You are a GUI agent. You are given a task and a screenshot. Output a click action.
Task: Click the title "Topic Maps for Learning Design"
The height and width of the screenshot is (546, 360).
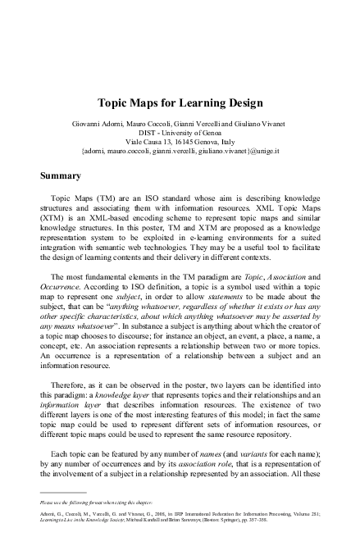[x=180, y=104]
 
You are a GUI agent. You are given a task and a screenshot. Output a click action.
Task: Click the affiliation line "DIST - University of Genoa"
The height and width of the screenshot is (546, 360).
[x=180, y=134]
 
